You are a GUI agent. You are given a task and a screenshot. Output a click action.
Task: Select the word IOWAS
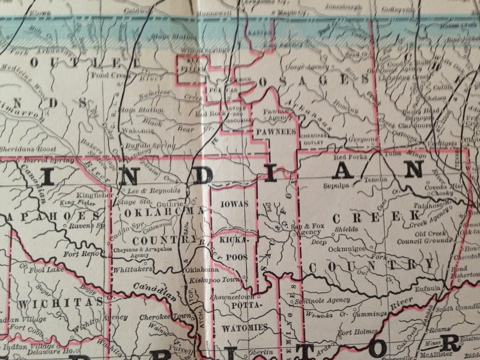pos(233,204)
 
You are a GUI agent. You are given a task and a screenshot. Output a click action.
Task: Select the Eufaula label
pos(428,288)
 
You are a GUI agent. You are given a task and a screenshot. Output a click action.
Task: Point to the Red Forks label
pos(350,157)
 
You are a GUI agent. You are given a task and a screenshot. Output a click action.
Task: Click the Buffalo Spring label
pos(144,145)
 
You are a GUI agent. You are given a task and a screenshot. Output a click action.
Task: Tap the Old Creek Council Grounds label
pos(424,237)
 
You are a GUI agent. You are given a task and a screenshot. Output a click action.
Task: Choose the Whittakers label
pos(133,269)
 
